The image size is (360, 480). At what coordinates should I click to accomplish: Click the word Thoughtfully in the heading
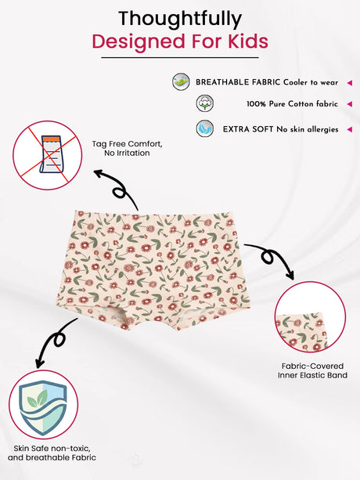180,19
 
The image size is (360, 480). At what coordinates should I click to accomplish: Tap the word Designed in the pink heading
139,42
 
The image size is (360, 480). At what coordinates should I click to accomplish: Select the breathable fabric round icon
181,82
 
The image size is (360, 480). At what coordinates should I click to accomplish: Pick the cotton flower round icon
204,103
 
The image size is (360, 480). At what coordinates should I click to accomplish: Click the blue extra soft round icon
204,128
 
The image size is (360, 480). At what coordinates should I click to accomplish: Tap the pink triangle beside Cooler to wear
350,83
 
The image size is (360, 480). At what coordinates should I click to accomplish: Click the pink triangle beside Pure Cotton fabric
350,104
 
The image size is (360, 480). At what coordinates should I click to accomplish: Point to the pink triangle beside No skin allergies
350,129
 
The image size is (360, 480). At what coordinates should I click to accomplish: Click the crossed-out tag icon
48,155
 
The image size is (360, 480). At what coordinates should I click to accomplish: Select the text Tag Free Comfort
128,144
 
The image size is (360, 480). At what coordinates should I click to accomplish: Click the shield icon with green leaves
43,405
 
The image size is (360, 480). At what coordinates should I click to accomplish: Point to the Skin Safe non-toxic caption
52,453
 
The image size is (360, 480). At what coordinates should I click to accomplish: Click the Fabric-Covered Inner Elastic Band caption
312,370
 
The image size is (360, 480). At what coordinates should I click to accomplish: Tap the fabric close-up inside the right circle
301,331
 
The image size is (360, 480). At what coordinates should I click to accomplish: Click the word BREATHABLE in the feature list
222,82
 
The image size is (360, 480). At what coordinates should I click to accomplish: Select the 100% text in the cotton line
257,104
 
